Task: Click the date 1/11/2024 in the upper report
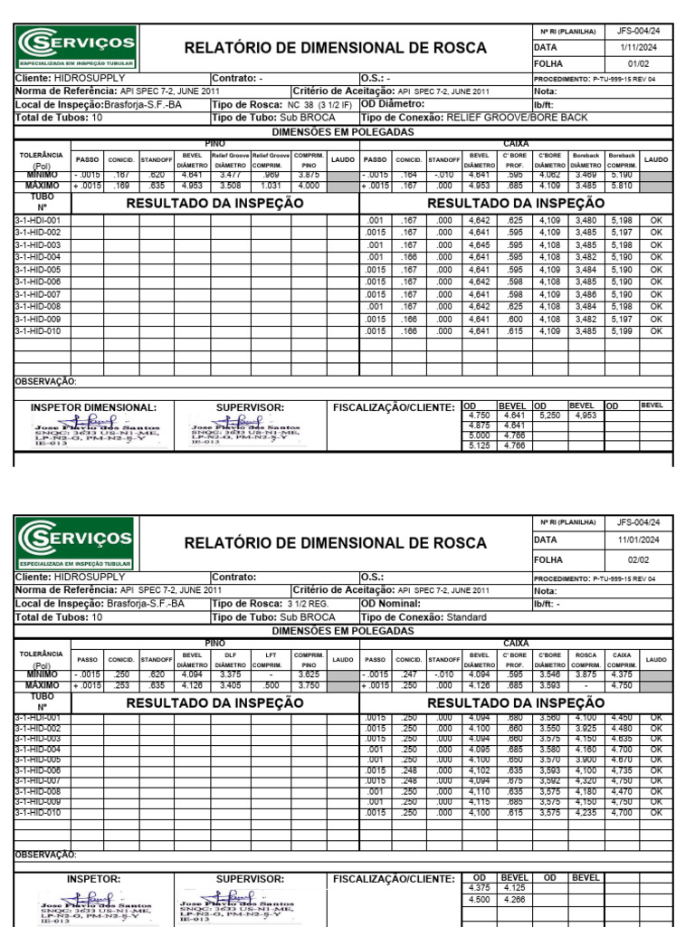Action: pos(631,46)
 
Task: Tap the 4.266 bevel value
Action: pos(514,900)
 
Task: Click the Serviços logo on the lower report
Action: pos(77,544)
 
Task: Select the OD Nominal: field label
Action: pos(391,603)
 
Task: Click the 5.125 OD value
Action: pos(479,445)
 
